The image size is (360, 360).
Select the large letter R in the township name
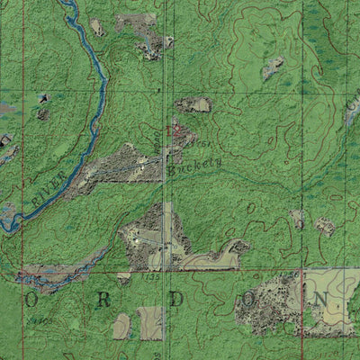(x=104, y=301)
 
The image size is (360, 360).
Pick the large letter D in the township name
(x=178, y=298)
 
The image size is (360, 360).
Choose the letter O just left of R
(x=34, y=301)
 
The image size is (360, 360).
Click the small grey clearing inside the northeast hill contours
(x=274, y=67)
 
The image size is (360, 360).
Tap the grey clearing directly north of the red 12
(x=193, y=105)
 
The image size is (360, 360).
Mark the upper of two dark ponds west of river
(x=41, y=98)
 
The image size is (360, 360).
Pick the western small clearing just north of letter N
(x=298, y=219)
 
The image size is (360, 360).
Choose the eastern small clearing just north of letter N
(x=325, y=227)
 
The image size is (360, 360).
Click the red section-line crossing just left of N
(x=301, y=271)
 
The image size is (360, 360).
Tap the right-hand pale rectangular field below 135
(x=150, y=322)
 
